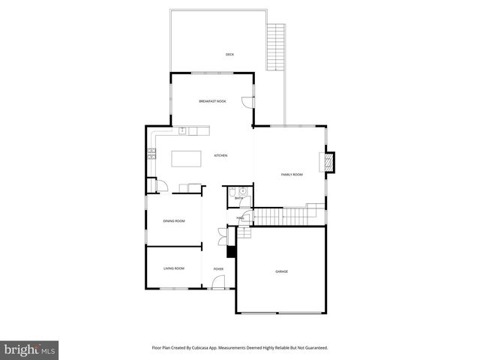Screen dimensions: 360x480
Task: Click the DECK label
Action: [230, 54]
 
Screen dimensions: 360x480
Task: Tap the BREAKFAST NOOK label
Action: [212, 100]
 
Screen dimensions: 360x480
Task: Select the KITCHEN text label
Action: [220, 155]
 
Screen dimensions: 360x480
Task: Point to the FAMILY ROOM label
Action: [292, 174]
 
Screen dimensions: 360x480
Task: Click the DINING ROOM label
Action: [174, 220]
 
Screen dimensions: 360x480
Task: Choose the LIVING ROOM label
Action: [174, 268]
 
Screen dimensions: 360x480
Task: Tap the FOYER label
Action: [218, 268]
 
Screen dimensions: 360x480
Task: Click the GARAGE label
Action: [281, 271]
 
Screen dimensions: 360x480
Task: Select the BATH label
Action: [238, 198]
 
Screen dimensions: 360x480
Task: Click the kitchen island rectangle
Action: [187, 158]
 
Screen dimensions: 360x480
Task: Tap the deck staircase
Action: [277, 47]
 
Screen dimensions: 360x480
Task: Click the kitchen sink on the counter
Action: [182, 130]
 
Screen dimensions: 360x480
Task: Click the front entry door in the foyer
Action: [217, 283]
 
